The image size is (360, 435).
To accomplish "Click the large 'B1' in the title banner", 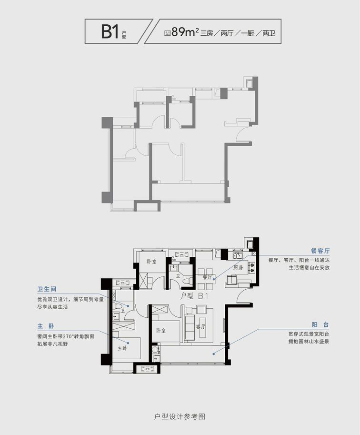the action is [110, 31].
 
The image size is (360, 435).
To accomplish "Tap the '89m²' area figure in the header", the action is [185, 32].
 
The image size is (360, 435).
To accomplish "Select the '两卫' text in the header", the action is [269, 33].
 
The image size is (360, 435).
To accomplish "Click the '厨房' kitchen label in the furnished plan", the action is [238, 267].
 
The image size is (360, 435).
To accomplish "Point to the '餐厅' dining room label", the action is [207, 277].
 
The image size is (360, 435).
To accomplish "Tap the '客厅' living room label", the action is [200, 326].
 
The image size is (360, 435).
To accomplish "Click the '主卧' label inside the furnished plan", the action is [122, 348].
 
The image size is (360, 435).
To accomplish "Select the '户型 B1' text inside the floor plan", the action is [194, 296].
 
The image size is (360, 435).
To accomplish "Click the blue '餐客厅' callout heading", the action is [320, 251].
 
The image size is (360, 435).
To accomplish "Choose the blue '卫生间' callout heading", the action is [47, 289].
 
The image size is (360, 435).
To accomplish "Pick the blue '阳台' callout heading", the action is [320, 324].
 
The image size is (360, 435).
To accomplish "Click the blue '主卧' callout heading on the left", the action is [46, 326].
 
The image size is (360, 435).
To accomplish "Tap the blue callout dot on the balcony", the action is [213, 354].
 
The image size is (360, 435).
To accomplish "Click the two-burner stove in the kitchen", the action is [252, 267].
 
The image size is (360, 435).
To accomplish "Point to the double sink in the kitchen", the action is [238, 255].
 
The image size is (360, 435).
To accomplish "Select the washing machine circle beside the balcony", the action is [155, 348].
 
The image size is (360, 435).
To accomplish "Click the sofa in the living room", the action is [190, 326].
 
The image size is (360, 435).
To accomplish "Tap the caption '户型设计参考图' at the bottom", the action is [180, 417].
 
